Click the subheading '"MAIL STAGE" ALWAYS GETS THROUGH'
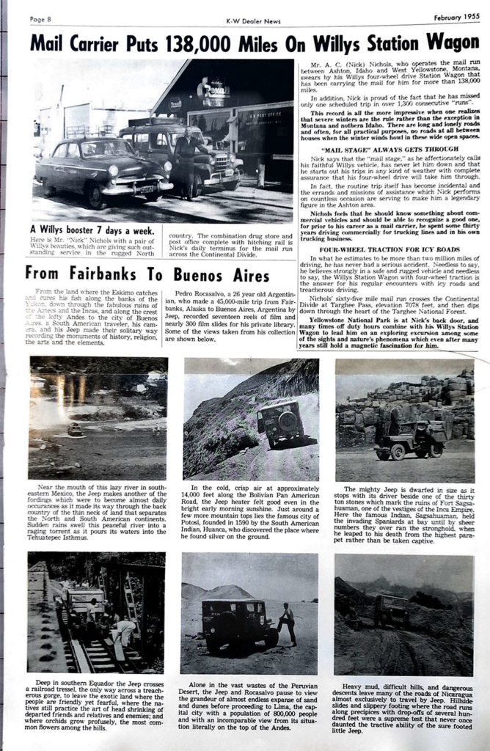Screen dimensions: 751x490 pyautogui.click(x=386, y=147)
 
